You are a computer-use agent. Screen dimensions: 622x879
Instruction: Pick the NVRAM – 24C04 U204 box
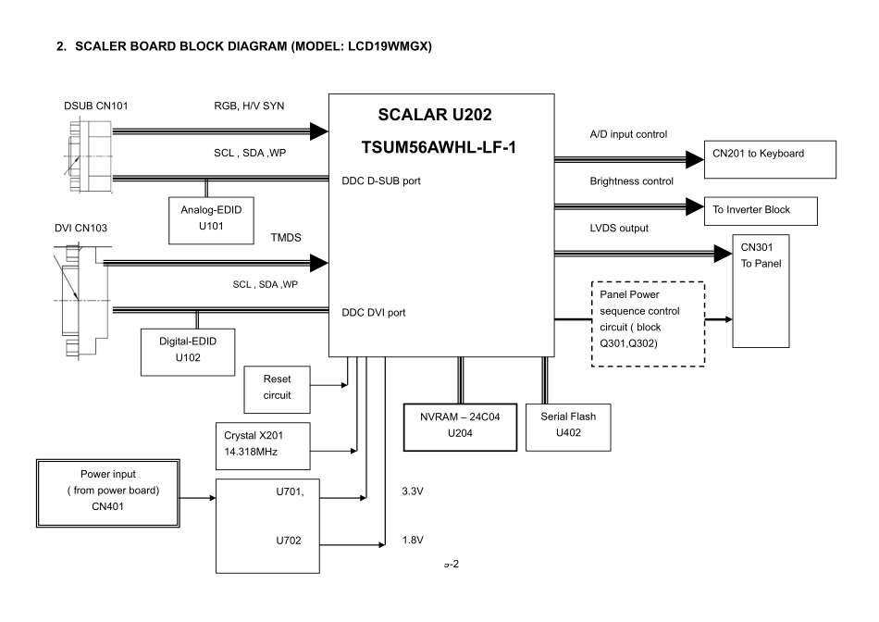[x=459, y=425]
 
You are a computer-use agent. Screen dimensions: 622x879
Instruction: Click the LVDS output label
[x=619, y=228]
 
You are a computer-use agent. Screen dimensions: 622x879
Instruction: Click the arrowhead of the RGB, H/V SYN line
[x=319, y=131]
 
